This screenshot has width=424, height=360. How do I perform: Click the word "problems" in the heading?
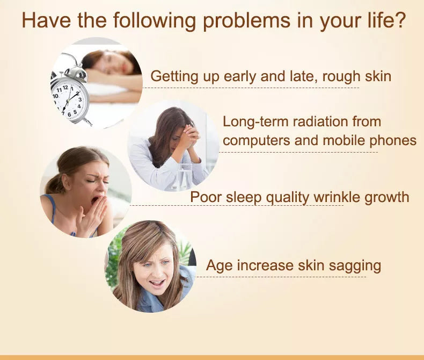point(246,21)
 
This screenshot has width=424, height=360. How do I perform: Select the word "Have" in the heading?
point(46,20)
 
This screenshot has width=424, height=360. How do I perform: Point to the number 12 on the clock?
point(65,88)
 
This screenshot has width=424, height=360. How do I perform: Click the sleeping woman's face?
point(113,63)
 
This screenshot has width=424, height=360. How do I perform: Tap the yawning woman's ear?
point(65,182)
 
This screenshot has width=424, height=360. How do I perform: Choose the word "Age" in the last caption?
point(219,266)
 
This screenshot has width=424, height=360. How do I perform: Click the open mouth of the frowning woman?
point(157,283)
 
